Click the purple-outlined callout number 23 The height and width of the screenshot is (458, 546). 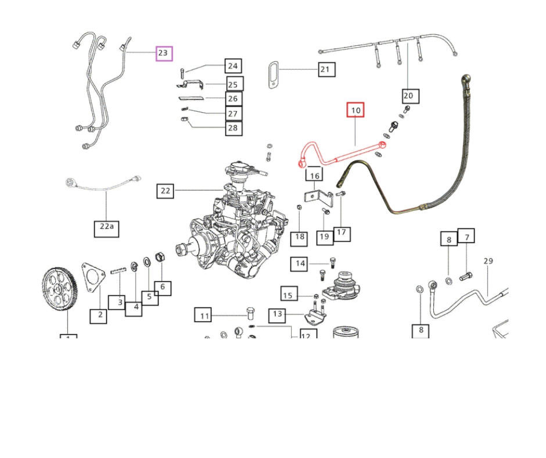click(163, 53)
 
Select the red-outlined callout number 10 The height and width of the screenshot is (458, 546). click(355, 110)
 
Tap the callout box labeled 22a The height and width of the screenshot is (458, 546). click(106, 228)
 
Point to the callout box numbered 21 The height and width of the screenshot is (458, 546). click(325, 70)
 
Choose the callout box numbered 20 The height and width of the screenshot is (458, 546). click(408, 95)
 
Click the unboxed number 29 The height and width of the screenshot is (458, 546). click(488, 261)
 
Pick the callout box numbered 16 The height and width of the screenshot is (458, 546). click(314, 176)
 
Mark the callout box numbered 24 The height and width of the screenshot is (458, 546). click(233, 66)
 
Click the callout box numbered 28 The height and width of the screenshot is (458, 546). click(233, 128)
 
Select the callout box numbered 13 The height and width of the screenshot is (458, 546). click(278, 315)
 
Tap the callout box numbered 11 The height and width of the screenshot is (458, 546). click(204, 316)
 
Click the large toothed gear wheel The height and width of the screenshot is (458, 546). click(60, 289)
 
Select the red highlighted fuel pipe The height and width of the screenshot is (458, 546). click(343, 155)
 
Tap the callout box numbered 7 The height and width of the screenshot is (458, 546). click(466, 237)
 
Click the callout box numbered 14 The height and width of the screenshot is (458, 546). click(300, 264)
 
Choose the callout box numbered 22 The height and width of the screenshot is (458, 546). click(166, 191)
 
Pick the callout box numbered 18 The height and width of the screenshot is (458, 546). click(299, 237)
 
